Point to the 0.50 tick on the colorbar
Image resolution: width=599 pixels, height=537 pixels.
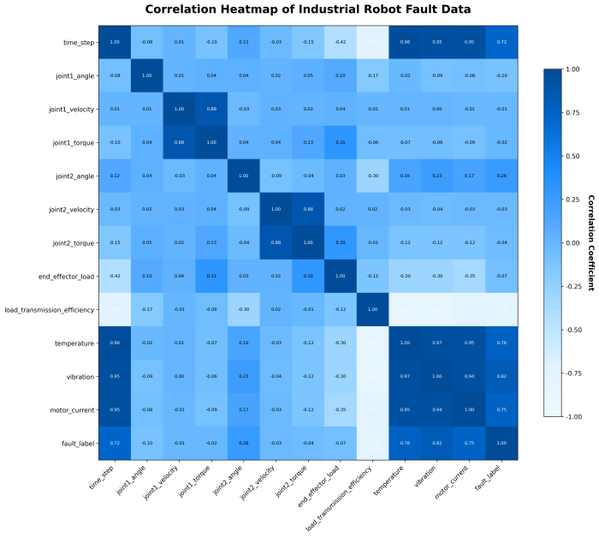(556, 157)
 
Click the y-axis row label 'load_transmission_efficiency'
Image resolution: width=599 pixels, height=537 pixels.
(49, 309)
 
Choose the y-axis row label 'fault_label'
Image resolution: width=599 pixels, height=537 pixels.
(74, 443)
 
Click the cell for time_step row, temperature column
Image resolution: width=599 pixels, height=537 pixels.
(405, 42)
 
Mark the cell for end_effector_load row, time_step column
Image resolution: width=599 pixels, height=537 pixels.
(115, 276)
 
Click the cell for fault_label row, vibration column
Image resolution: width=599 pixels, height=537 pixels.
(437, 443)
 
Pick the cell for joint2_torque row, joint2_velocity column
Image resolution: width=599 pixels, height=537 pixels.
(276, 242)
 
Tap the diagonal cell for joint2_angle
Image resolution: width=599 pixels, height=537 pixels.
(244, 176)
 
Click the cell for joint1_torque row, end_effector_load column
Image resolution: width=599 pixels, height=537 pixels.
(341, 142)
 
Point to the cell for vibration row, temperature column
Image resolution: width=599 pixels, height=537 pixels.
(405, 376)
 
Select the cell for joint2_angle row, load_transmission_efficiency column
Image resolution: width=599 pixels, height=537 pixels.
(373, 176)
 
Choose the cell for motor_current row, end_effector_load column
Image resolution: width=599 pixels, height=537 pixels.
(341, 409)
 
